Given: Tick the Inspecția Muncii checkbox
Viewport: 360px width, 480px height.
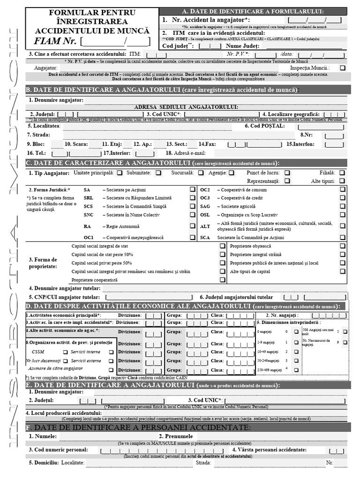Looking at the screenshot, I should pyautogui.click(x=343, y=68).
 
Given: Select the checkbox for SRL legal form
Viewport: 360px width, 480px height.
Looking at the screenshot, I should pyautogui.click(x=193, y=198).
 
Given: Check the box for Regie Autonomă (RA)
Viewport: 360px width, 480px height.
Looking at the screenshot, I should pyautogui.click(x=193, y=226).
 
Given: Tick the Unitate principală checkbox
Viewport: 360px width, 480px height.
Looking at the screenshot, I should pyautogui.click(x=120, y=172).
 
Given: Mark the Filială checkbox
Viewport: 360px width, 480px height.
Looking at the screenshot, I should pyautogui.click(x=343, y=172).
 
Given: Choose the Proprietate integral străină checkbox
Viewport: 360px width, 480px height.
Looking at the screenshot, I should pyautogui.click(x=223, y=255).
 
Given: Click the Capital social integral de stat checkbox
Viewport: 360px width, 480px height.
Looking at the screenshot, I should pyautogui.click(x=223, y=246).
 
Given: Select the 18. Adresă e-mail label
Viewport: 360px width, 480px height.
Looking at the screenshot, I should pyautogui.click(x=186, y=153).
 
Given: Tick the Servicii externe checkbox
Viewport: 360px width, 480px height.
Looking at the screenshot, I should pyautogui.click(x=111, y=361).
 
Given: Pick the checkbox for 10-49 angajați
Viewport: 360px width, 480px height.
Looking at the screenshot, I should pyautogui.click(x=296, y=352).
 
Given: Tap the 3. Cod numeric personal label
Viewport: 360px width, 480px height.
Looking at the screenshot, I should pyautogui.click(x=59, y=450).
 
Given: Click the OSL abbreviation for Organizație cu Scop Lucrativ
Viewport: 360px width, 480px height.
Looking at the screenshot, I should pyautogui.click(x=205, y=215).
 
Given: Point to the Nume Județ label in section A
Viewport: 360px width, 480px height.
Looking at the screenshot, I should pyautogui.click(x=242, y=46).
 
